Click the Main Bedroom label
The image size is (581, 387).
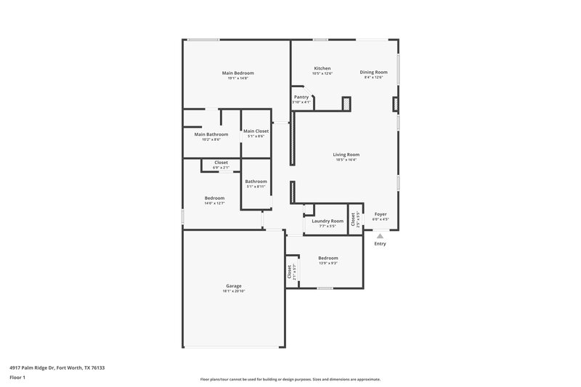[x=237, y=73]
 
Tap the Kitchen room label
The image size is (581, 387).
[x=322, y=68]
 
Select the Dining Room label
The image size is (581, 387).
[x=374, y=72]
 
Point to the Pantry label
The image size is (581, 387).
[x=301, y=97]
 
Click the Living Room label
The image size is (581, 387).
[x=346, y=154]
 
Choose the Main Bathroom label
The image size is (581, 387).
[x=211, y=134]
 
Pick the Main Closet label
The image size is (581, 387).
[x=256, y=131]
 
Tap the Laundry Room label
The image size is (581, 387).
[x=328, y=221]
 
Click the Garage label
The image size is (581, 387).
[x=233, y=286]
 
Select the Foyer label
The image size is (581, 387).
[x=381, y=214]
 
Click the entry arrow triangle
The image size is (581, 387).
[x=379, y=235]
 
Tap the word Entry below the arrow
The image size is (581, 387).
[x=380, y=243]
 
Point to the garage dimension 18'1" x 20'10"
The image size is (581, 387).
[x=233, y=291]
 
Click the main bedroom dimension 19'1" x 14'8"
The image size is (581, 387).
[x=237, y=78]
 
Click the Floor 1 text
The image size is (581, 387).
[x=17, y=378]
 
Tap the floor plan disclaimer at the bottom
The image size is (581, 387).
[x=290, y=379]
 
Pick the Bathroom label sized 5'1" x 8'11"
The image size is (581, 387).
[x=256, y=181]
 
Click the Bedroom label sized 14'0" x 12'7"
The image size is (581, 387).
[x=214, y=198]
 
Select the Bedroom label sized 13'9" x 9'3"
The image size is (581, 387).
[x=328, y=258]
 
